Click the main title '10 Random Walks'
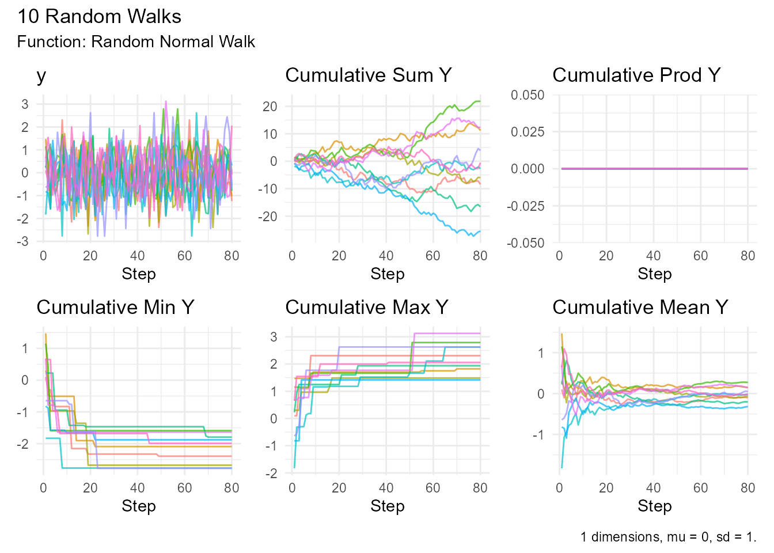(x=99, y=16)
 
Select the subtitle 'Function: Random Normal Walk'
(x=136, y=42)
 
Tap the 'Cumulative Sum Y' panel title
(x=368, y=75)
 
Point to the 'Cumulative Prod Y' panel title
(x=636, y=75)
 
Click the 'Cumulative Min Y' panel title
(x=115, y=308)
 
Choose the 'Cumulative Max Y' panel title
(x=366, y=308)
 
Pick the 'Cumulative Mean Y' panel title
(x=640, y=308)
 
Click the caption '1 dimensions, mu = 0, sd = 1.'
(x=668, y=537)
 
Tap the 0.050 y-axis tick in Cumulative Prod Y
(x=528, y=95)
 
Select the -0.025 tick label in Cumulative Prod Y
(x=525, y=206)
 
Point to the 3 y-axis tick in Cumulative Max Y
(x=274, y=336)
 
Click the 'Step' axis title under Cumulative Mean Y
(x=654, y=506)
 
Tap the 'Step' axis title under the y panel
(x=139, y=274)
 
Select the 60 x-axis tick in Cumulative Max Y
(x=433, y=488)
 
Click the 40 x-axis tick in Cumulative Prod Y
(x=653, y=256)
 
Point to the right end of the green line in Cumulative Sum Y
(x=480, y=101)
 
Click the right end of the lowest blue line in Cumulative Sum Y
(x=480, y=232)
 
